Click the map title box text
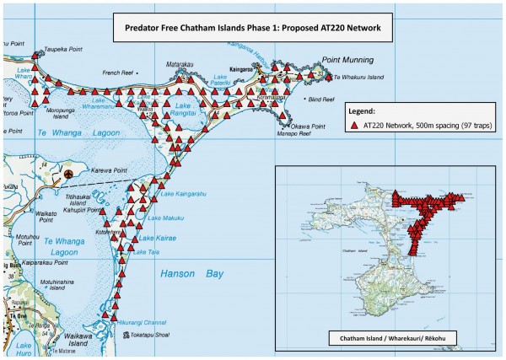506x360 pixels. click(x=252, y=28)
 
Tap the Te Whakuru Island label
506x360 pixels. click(x=363, y=78)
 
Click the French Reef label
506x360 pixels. click(x=118, y=73)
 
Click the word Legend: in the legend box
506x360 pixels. click(x=367, y=110)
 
